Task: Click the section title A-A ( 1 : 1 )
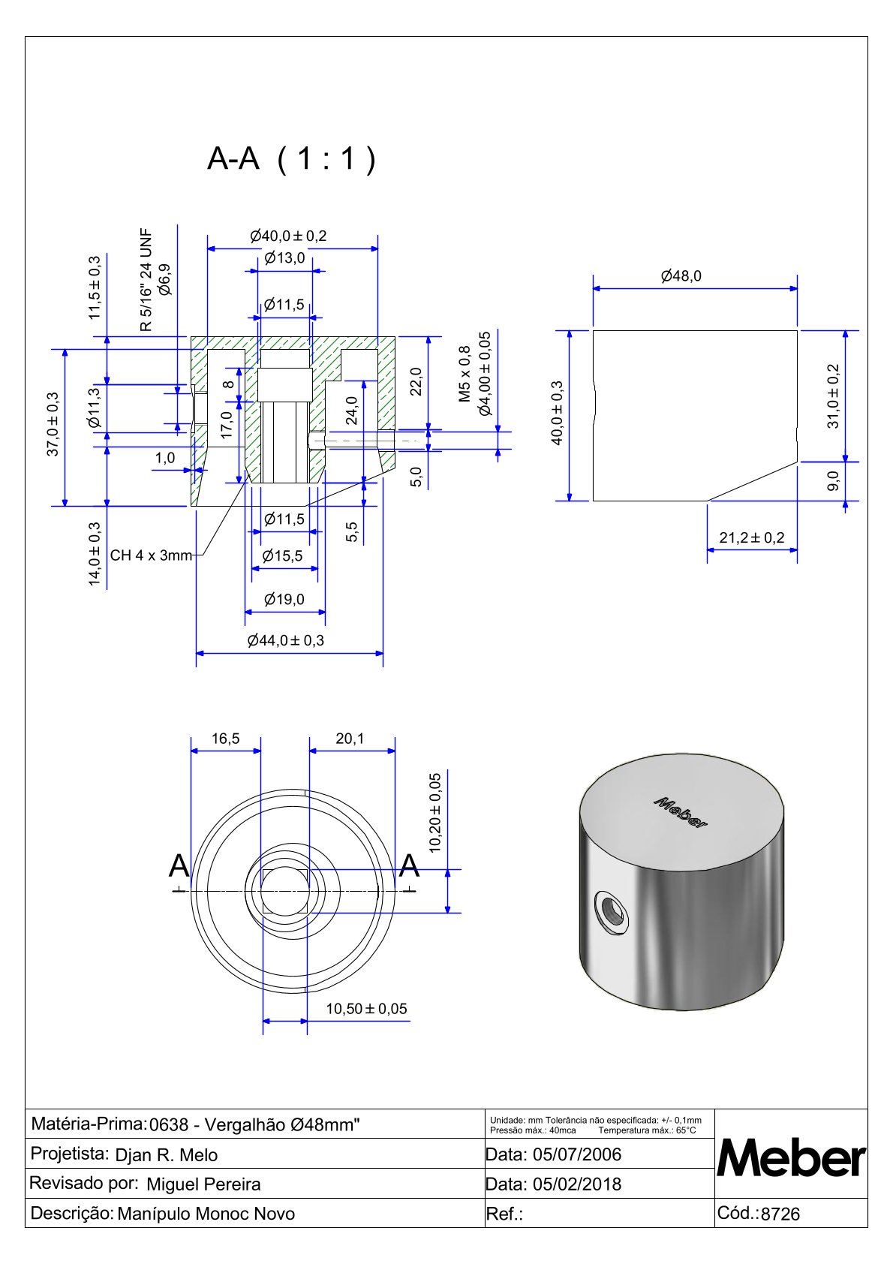291,159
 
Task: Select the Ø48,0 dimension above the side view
681,276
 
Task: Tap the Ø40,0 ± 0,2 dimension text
288,236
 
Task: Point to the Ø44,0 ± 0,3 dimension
285,640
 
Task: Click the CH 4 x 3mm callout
151,555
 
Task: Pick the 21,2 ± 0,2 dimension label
751,537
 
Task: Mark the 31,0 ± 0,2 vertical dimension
833,396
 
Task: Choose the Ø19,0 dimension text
284,599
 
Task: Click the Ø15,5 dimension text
283,555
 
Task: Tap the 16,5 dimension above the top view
225,739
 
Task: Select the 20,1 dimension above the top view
350,739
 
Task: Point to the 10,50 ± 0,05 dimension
366,1009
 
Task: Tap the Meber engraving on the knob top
680,812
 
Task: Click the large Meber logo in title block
791,1159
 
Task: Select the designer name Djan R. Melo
167,1155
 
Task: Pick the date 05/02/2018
576,1184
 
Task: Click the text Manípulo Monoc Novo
206,1214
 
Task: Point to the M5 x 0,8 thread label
465,374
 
